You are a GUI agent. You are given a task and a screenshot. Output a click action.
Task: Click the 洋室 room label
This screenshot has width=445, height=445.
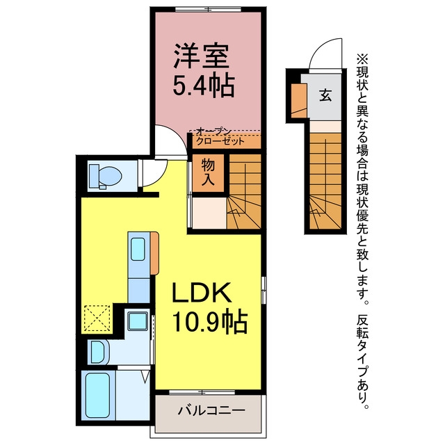(x=201, y=56)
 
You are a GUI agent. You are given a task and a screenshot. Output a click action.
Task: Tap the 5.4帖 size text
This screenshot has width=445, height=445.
(x=204, y=86)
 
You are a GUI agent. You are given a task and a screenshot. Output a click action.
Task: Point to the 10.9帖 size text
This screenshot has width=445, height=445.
(x=210, y=322)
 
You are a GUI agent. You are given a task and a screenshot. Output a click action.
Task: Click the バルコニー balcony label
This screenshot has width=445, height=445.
(x=211, y=410)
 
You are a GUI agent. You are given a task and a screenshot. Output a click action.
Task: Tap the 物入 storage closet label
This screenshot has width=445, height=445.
(x=208, y=172)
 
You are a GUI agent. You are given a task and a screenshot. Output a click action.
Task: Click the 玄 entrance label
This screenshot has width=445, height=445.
(x=325, y=95)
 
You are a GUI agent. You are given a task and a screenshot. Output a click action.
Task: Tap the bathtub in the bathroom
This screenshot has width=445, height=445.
(x=97, y=395)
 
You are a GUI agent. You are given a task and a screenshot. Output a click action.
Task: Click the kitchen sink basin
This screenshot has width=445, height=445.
(x=138, y=249)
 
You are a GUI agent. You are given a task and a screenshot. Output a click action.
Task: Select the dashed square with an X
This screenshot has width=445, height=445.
(x=97, y=318)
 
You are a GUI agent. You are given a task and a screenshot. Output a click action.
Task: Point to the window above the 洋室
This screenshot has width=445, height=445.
(x=208, y=9)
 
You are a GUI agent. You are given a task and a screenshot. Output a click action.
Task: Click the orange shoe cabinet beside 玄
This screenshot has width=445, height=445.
(x=299, y=101)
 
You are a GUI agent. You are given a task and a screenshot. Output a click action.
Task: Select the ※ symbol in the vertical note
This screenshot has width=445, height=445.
(x=362, y=60)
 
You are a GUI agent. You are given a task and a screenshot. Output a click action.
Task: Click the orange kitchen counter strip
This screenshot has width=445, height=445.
(x=154, y=253)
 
